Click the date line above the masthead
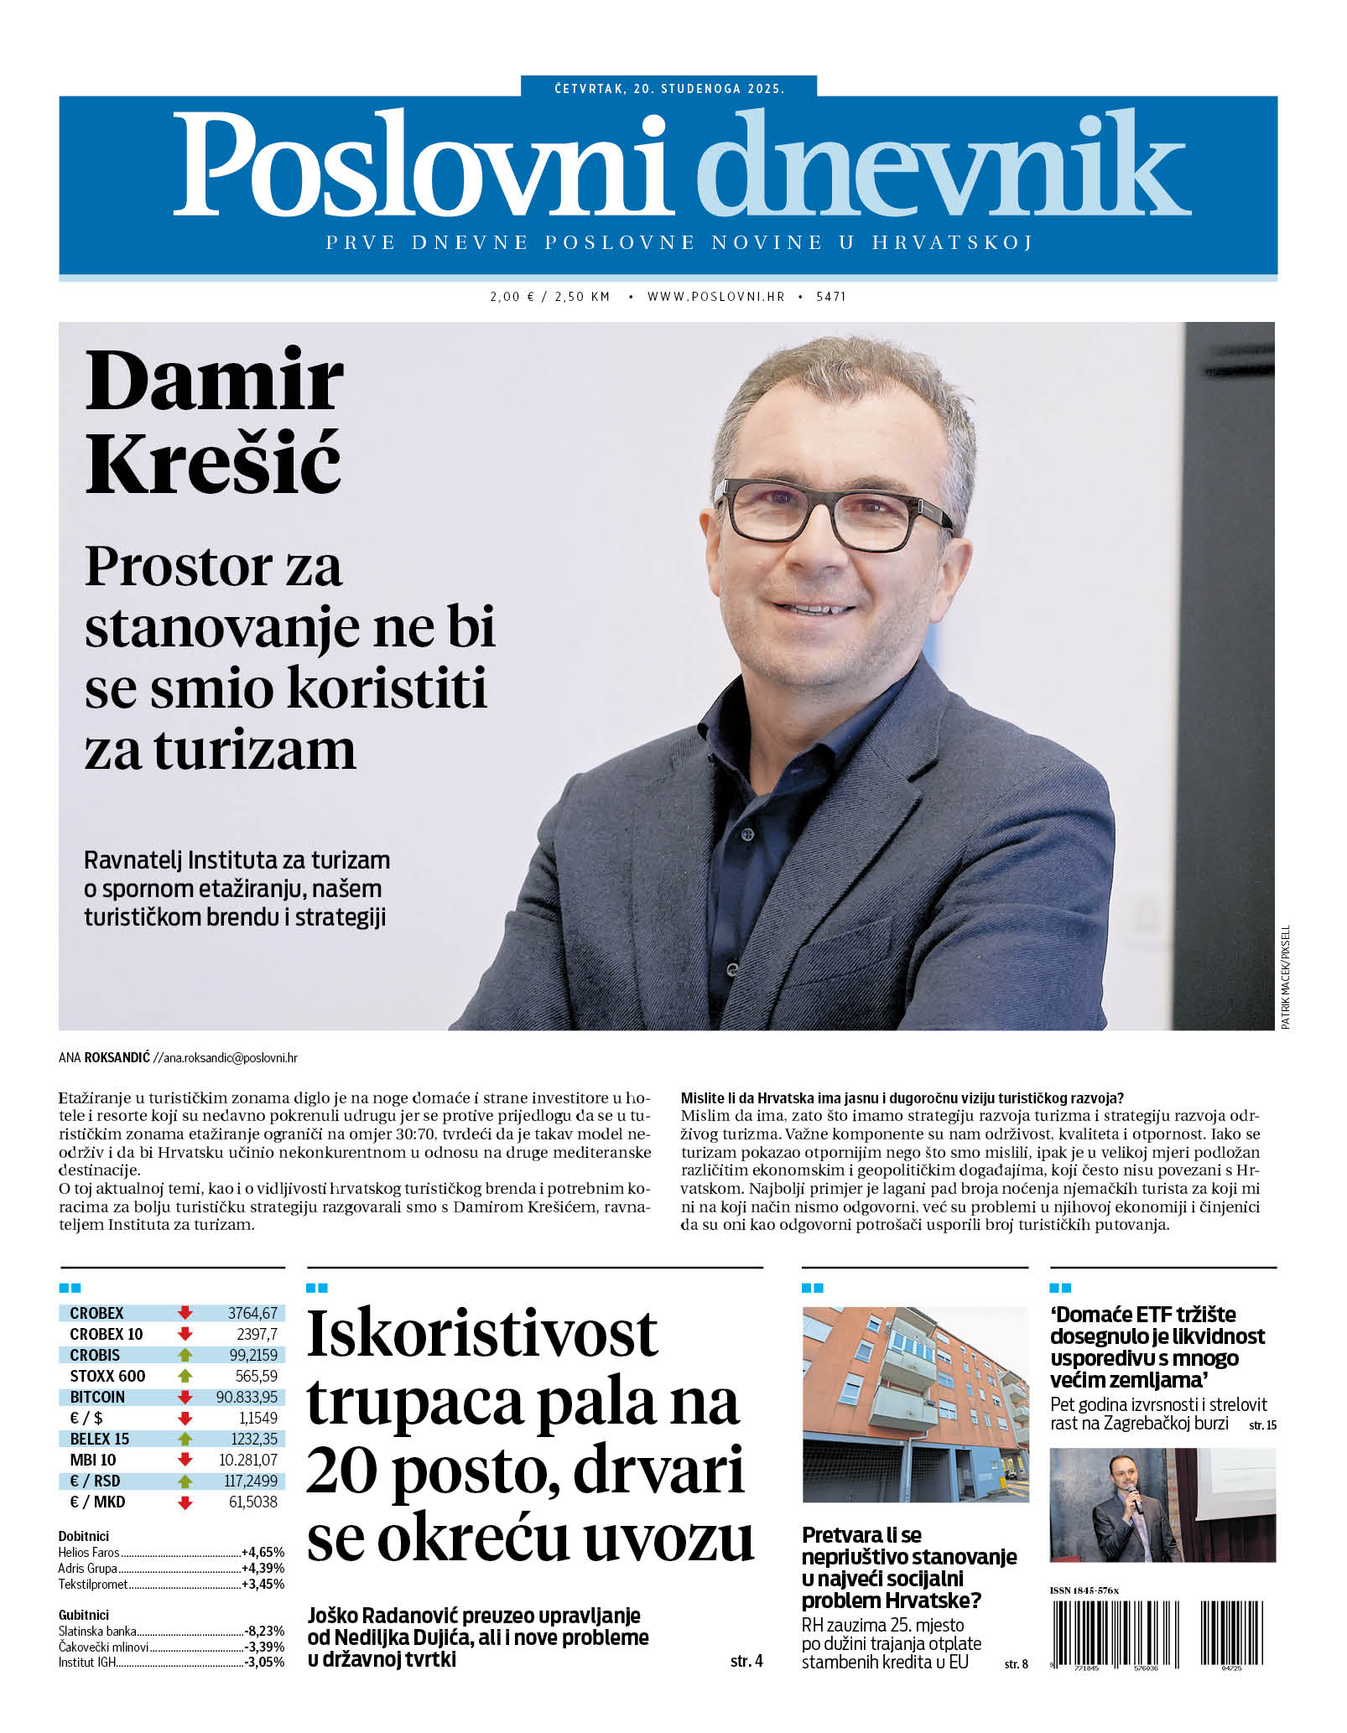click(x=668, y=88)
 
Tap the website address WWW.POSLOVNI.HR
click(x=715, y=297)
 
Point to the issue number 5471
click(x=830, y=297)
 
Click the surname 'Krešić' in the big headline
click(x=213, y=464)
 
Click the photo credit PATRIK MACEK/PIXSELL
click(x=1286, y=977)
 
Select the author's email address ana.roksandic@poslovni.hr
click(x=230, y=1058)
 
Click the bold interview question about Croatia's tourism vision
click(x=902, y=1097)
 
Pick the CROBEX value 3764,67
click(x=252, y=1313)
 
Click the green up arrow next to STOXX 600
click(x=185, y=1376)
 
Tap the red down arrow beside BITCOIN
click(x=185, y=1397)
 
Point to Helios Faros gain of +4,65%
click(x=263, y=1552)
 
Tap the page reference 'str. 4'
click(x=746, y=1661)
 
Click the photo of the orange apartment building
click(x=915, y=1404)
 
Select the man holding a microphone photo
click(x=1162, y=1505)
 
